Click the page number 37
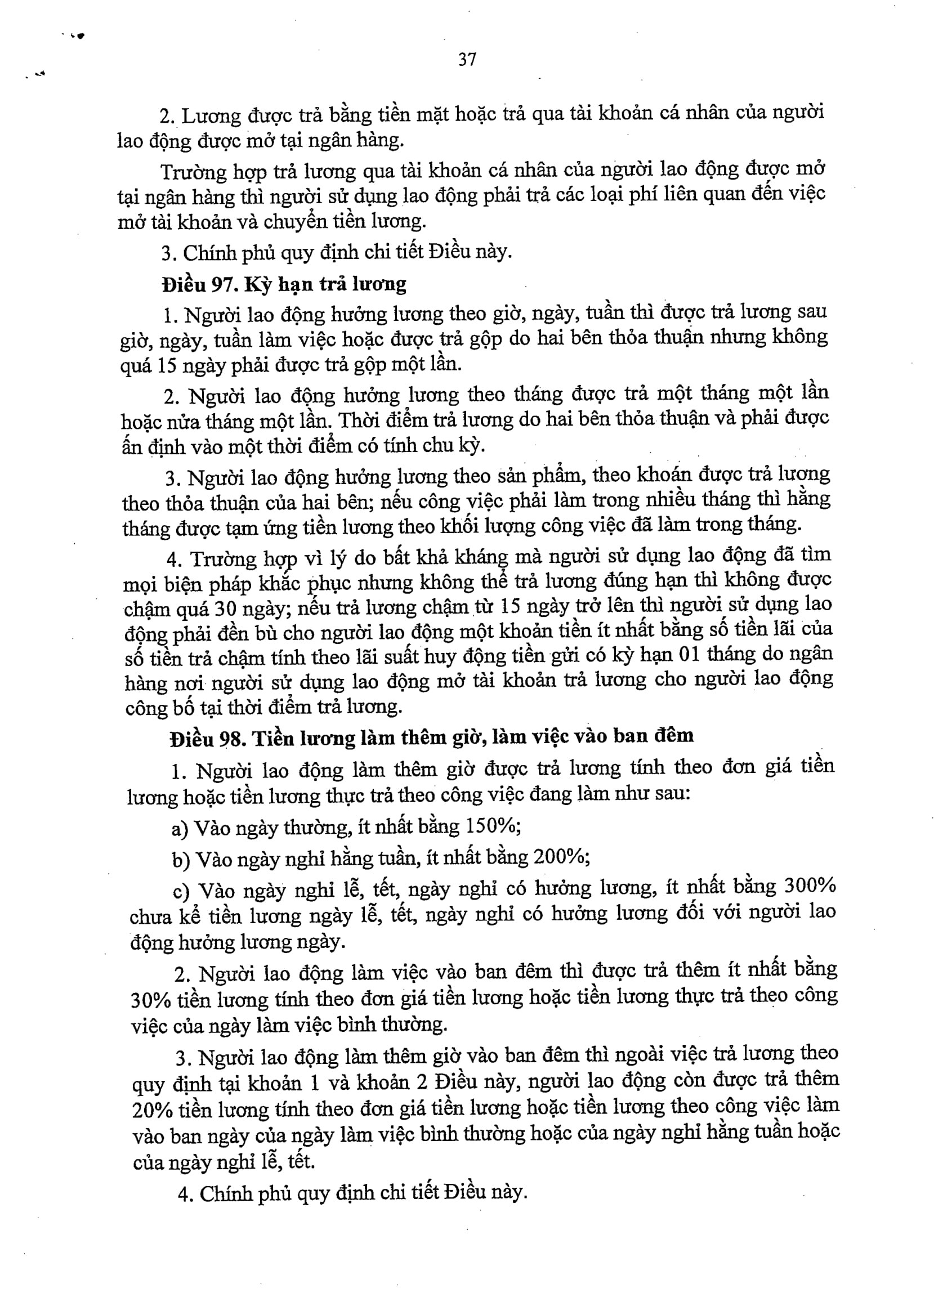pos(467,59)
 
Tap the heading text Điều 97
pos(196,285)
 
